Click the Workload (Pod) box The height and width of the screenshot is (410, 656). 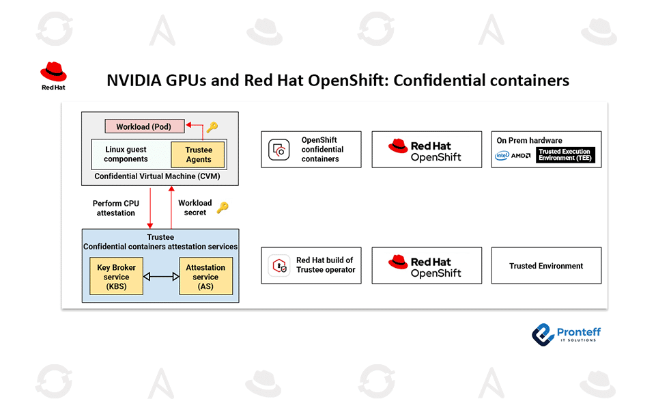pos(144,126)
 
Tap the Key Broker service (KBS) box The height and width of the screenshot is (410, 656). pos(117,276)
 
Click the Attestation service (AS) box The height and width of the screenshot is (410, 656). pos(205,276)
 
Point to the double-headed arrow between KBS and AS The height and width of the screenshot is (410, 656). pos(161,277)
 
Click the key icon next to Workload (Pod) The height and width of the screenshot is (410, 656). pos(212,127)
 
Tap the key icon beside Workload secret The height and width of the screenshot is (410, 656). pos(223,208)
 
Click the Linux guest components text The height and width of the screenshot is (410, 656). pos(126,154)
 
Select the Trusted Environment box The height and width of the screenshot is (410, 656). pos(546,266)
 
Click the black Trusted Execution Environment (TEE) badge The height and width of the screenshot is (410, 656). pos(565,155)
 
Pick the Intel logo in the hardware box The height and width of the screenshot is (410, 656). pos(502,156)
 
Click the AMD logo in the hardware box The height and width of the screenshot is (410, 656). pos(521,156)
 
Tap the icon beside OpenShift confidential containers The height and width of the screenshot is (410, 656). pos(279,150)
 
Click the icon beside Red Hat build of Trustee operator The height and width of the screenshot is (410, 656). pos(278,266)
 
